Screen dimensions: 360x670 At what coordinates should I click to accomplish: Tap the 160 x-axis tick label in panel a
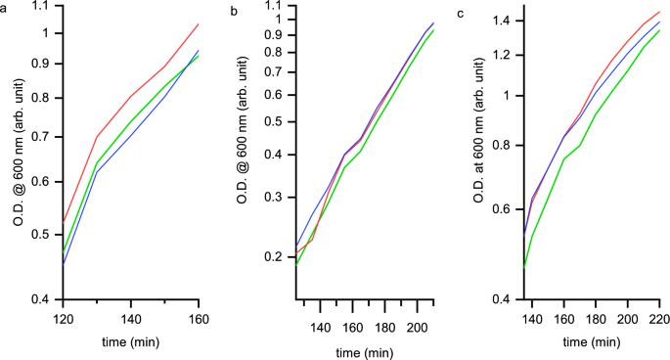click(x=199, y=318)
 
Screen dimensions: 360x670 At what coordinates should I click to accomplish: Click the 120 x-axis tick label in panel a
click(x=64, y=318)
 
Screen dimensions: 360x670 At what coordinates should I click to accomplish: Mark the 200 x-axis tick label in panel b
click(x=417, y=318)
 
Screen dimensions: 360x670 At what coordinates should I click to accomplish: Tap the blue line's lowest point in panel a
click(x=64, y=264)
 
